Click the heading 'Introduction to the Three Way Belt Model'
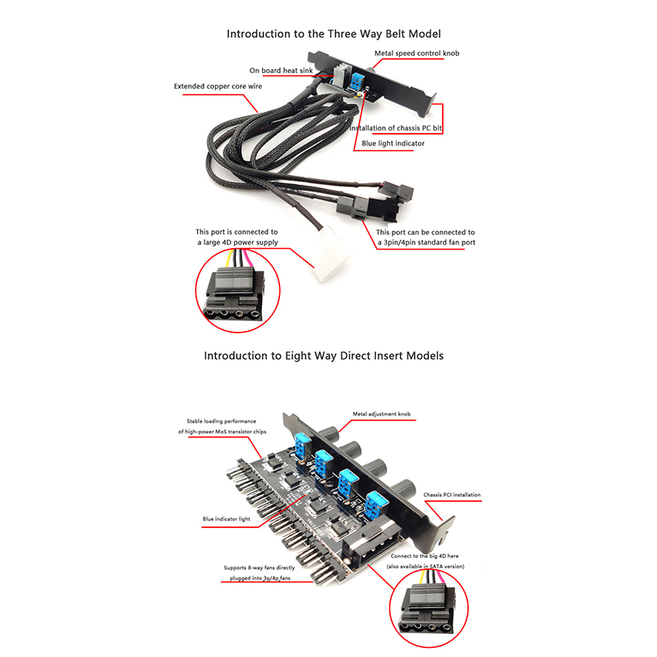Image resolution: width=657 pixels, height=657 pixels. (333, 34)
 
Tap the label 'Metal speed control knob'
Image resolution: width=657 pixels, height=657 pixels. (416, 53)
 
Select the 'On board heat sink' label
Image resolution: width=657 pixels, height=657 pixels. (281, 71)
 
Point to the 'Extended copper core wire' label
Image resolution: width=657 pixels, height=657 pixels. (218, 86)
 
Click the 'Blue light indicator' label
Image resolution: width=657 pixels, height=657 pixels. (393, 143)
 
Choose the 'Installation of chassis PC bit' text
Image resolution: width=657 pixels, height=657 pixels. (396, 128)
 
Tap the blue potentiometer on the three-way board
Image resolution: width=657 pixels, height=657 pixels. (358, 81)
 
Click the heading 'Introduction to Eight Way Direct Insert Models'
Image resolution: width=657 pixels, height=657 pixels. (324, 356)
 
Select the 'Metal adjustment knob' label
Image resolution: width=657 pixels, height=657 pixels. (381, 414)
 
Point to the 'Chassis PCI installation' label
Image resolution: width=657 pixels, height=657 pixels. (452, 495)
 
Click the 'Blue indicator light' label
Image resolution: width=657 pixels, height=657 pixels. (227, 519)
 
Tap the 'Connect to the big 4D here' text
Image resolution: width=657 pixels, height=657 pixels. (425, 556)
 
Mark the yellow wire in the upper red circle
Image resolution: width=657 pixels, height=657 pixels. (228, 259)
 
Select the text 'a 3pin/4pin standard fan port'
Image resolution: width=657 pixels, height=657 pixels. (426, 242)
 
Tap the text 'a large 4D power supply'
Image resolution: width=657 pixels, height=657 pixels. (237, 242)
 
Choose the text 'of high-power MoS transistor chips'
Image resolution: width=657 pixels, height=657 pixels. (222, 432)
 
